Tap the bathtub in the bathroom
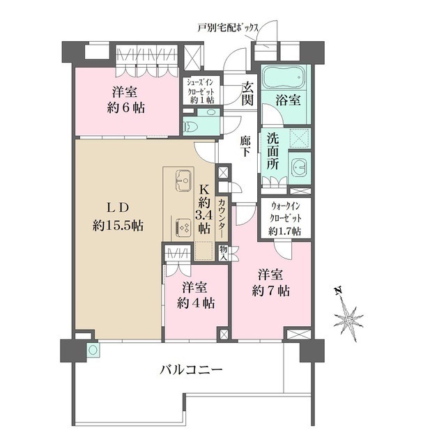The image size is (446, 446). pos(283,75)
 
